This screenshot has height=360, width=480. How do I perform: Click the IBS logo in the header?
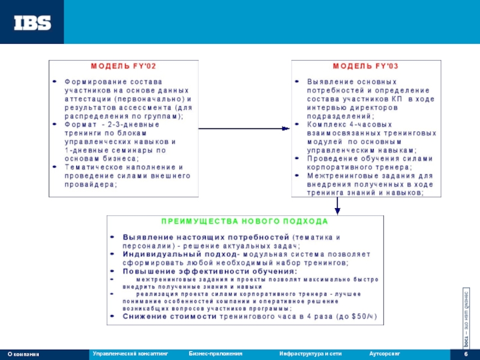point(32,22)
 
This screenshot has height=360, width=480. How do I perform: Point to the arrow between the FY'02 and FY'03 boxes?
point(244,128)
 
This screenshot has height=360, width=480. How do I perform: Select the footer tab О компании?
point(23,355)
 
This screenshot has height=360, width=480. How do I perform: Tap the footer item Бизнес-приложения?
point(215,354)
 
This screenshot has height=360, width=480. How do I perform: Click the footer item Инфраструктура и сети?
point(310,354)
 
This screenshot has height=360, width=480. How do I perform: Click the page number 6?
point(466,354)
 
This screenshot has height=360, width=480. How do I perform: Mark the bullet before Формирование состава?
point(55,80)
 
